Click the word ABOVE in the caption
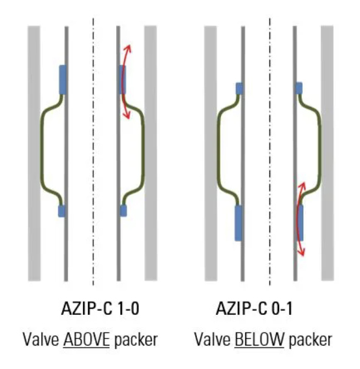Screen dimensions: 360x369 [x=86, y=340]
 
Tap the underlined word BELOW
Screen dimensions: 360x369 [x=259, y=340]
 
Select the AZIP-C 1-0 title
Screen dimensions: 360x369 [x=100, y=308]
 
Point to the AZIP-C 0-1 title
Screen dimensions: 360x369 [x=254, y=308]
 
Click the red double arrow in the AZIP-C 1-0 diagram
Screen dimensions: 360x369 [x=123, y=81]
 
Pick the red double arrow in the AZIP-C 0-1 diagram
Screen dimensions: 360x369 [x=298, y=219]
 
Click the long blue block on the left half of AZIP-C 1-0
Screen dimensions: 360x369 [x=63, y=80]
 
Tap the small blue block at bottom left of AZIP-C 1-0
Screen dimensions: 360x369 [x=61, y=211]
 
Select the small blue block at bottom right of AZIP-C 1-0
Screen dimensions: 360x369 [x=123, y=211]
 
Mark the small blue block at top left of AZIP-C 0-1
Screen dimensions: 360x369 [x=239, y=89]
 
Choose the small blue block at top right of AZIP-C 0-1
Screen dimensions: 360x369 [x=299, y=88]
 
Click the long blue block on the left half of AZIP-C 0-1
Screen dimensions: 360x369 [x=239, y=223]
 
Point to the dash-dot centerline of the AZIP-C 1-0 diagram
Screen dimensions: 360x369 [x=93, y=152]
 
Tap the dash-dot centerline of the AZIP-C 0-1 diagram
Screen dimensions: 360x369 [x=270, y=152]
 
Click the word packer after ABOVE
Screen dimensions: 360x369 [x=136, y=340]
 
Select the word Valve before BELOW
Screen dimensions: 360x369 [x=213, y=340]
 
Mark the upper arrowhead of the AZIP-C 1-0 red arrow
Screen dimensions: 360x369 [x=128, y=48]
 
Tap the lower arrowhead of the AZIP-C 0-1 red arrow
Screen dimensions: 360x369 [x=301, y=252]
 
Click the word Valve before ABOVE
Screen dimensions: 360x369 [x=41, y=340]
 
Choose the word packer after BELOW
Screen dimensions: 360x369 [x=310, y=340]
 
